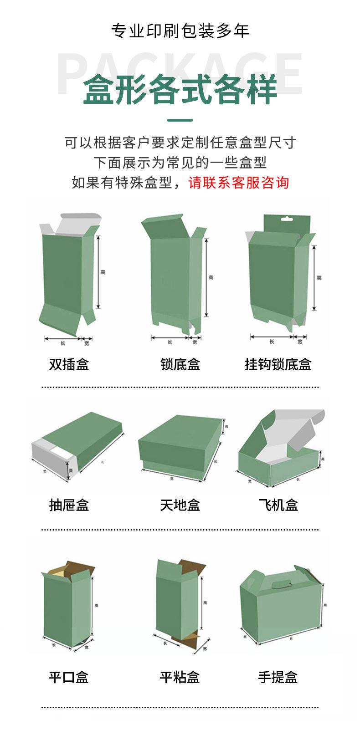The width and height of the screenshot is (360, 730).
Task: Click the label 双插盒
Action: pyautogui.click(x=69, y=364)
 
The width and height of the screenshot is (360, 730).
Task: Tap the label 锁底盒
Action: pyautogui.click(x=180, y=364)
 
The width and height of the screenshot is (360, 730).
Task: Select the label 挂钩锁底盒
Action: pyautogui.click(x=278, y=364)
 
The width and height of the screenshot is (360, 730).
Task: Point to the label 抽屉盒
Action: pyautogui.click(x=69, y=505)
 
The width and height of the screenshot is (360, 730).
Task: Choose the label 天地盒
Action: pyautogui.click(x=180, y=505)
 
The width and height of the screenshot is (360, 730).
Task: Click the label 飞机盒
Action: pyautogui.click(x=278, y=505)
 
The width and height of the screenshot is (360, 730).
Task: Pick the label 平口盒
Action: pyautogui.click(x=69, y=677)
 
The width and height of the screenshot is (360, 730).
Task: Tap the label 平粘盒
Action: pyautogui.click(x=180, y=677)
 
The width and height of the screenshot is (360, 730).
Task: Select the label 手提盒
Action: pyautogui.click(x=278, y=677)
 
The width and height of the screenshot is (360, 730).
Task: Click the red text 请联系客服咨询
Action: pyautogui.click(x=239, y=183)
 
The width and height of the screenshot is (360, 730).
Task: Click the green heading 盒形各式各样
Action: pyautogui.click(x=180, y=90)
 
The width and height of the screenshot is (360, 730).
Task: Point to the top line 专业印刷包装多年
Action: pyautogui.click(x=180, y=31)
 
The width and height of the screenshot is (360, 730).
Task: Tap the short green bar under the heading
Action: pyautogui.click(x=180, y=121)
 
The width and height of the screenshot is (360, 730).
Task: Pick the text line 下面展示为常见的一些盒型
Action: pyautogui.click(x=180, y=163)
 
